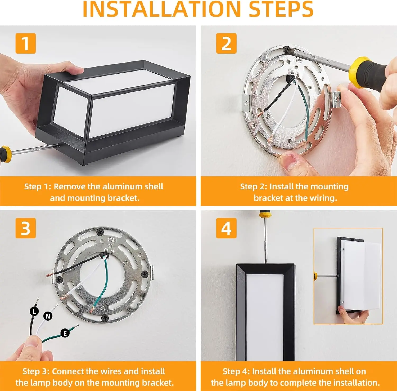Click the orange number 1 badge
(25, 43)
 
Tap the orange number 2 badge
(226, 43)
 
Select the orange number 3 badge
(25, 228)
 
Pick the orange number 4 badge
(226, 228)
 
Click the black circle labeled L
(34, 312)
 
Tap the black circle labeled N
(48, 316)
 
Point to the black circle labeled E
(65, 333)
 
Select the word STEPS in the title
(281, 9)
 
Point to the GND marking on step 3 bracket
(112, 239)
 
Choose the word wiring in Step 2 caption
(323, 198)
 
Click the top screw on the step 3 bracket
(100, 232)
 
